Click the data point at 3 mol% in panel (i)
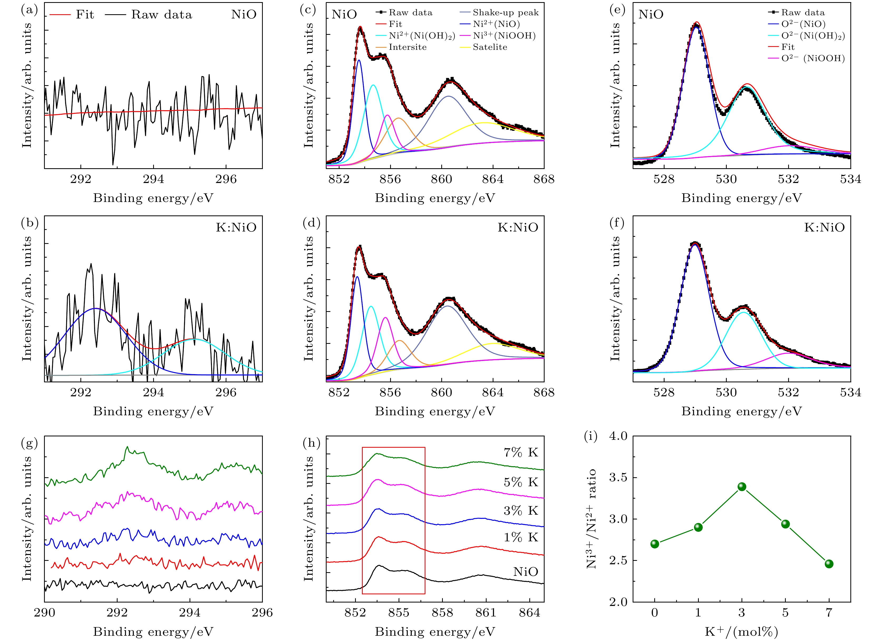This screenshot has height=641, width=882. [742, 486]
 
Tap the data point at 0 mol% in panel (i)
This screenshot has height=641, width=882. [655, 544]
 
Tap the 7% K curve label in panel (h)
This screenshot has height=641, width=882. [521, 452]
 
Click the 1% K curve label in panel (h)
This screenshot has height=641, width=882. [521, 538]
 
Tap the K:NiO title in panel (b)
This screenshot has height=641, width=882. [236, 228]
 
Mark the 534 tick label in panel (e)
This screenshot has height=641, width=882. [850, 179]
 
